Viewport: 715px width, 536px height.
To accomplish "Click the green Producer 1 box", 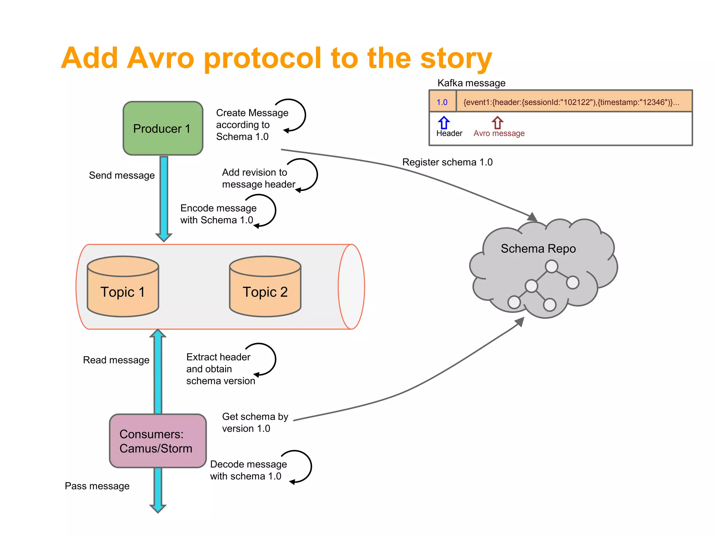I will [x=163, y=128].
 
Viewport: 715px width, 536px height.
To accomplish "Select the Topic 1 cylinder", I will [x=123, y=287].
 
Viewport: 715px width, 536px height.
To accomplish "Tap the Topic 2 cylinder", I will [x=265, y=287].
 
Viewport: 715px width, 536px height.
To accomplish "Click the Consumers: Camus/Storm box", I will [x=158, y=441].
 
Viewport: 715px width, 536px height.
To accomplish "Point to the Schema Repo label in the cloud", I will [x=538, y=248].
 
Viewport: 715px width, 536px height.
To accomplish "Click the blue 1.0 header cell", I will [x=442, y=102].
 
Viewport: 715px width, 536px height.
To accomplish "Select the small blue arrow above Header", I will [x=444, y=123].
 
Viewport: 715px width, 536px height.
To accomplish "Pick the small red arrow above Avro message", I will [x=497, y=123].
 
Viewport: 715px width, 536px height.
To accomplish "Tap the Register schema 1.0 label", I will [x=447, y=162].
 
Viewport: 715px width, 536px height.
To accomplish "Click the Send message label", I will [x=121, y=175].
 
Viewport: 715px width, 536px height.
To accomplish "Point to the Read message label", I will [x=116, y=360].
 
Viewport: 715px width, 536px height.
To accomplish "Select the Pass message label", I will [x=97, y=486].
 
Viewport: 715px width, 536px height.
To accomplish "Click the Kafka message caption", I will [x=471, y=83].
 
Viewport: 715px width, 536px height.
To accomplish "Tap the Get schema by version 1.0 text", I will [x=255, y=422].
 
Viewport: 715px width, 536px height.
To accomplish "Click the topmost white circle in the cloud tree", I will [x=551, y=267].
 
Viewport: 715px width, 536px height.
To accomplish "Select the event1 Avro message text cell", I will [x=571, y=102].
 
